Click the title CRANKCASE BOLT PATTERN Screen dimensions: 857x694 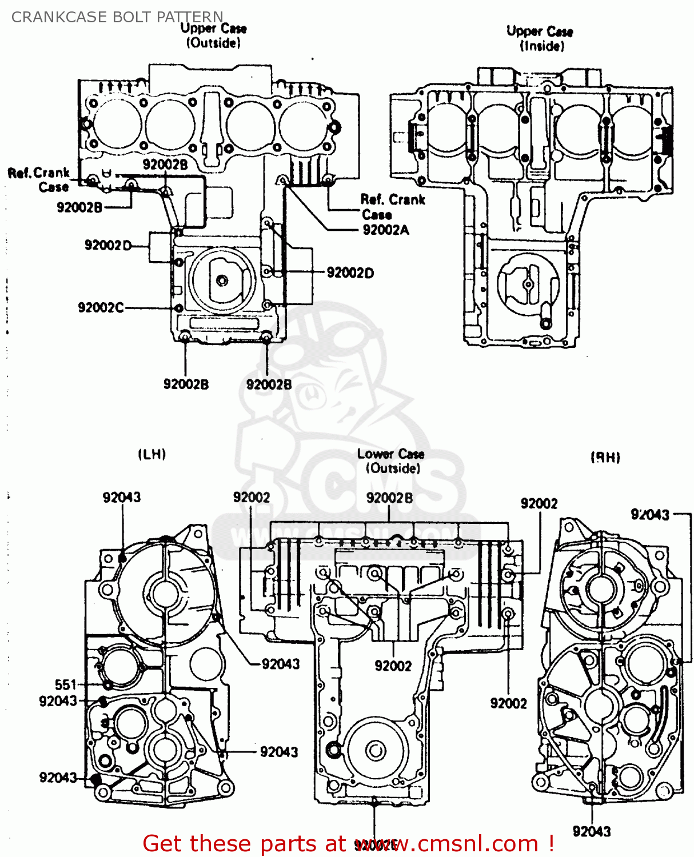[117, 17]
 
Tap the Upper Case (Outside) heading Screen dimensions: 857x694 [213, 35]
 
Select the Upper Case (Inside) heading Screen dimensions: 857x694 [540, 38]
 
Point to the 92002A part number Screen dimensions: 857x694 [386, 230]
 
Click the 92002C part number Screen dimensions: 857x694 [101, 307]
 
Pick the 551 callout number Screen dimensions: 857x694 [66, 684]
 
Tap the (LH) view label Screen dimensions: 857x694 [152, 454]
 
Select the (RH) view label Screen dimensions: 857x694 [605, 457]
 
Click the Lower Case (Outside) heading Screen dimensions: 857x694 [392, 461]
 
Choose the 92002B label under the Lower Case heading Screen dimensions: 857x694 [389, 498]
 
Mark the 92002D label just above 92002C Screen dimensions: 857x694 [107, 245]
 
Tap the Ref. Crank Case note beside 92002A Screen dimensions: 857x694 [392, 207]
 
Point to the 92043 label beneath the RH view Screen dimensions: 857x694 [592, 831]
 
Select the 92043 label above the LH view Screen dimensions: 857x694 [122, 497]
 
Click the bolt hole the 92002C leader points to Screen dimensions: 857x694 [178, 308]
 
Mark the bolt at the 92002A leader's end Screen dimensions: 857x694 [281, 181]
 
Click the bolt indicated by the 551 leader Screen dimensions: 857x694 [107, 684]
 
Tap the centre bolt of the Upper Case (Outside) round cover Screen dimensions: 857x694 [222, 281]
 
